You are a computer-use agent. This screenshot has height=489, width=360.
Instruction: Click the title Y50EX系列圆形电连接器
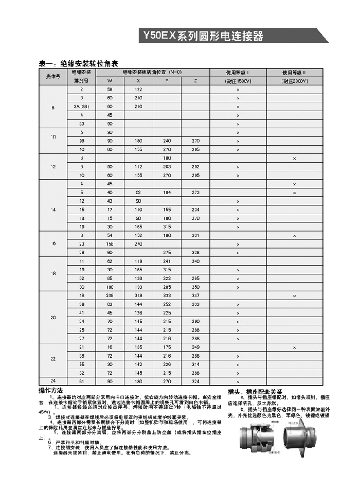pos(203,36)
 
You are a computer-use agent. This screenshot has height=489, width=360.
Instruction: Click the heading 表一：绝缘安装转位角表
pos(79,64)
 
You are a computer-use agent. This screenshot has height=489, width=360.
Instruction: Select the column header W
pos(110,81)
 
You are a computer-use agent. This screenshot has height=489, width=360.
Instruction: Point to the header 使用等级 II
pos(294,73)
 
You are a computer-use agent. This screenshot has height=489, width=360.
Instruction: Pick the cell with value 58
pos(110,90)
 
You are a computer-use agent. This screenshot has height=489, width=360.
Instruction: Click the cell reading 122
pos(138,90)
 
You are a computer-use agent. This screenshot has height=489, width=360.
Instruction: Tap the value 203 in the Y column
pos(167,167)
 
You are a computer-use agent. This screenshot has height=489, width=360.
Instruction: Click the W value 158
pos(110,244)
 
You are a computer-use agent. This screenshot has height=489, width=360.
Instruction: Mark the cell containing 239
pos(110,296)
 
